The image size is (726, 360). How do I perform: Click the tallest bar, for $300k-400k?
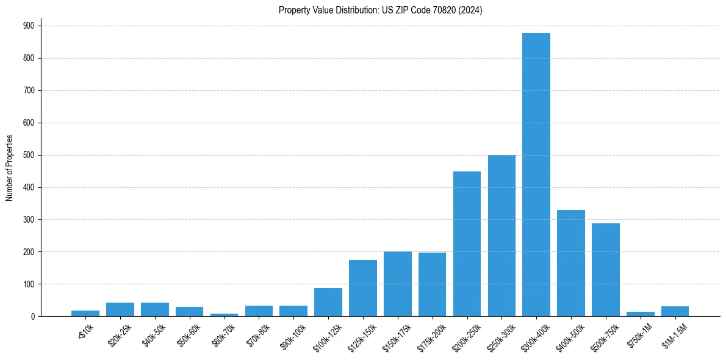pos(536,175)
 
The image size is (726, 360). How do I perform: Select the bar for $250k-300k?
pos(501,236)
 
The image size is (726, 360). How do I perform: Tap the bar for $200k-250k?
pos(467,243)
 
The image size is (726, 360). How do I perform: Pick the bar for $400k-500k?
pos(571,263)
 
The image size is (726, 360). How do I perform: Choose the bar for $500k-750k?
pos(606,270)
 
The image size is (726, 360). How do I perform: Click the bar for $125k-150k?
pos(363,288)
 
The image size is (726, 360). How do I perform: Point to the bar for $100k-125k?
pos(328,302)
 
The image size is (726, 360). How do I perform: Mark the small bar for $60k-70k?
pos(224,314)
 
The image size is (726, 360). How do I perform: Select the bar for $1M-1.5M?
pos(675,311)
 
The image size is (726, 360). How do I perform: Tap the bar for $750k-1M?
pos(641,314)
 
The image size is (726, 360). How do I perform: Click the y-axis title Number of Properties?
pos(10,168)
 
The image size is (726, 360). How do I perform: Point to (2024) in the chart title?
pos(472,10)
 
